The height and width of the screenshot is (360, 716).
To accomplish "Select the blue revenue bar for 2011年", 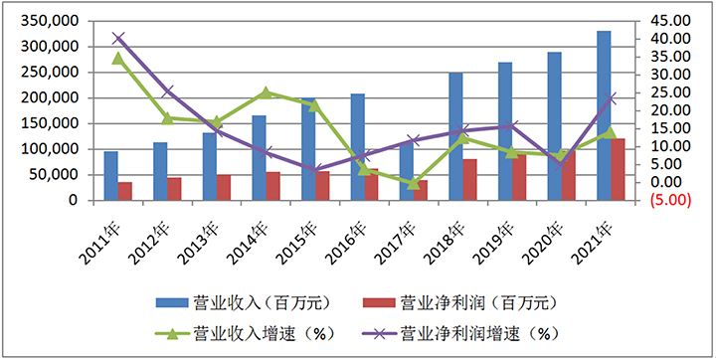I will pos(110,176).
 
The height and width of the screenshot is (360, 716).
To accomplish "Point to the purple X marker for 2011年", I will pos(118,39).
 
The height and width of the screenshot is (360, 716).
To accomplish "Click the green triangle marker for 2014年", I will pos(266,92).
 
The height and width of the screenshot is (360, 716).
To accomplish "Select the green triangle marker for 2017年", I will pos(414,183).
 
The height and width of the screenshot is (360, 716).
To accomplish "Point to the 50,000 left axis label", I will pos(56,174).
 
